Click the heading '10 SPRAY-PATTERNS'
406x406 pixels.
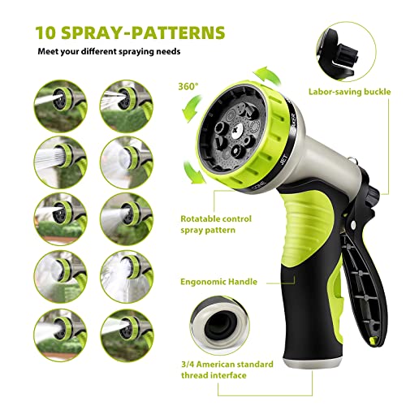[130, 33]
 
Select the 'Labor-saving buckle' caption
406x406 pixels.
[356, 94]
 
